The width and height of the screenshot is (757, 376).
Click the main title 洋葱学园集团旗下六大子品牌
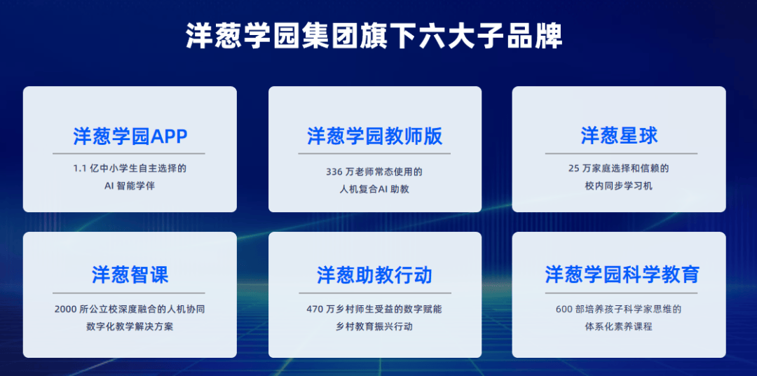374,36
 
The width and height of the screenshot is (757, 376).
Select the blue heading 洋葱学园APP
130,137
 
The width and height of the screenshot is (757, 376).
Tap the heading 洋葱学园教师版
374,137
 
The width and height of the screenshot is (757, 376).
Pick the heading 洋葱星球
620,137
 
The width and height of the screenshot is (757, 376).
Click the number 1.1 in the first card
79,169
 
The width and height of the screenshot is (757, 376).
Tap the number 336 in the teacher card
334,172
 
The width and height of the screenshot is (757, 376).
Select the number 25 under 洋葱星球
573,169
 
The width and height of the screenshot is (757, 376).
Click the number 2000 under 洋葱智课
66,309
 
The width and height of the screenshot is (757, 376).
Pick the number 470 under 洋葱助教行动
314,309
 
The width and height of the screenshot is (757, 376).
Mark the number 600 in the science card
564,309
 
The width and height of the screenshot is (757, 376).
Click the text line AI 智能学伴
130,186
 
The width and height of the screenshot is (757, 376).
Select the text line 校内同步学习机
618,186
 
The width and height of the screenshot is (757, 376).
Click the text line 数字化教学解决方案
130,326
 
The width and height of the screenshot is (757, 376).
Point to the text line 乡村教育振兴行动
374,326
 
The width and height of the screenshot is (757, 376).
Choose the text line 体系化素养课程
618,326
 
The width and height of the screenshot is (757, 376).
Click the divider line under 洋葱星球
621,153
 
